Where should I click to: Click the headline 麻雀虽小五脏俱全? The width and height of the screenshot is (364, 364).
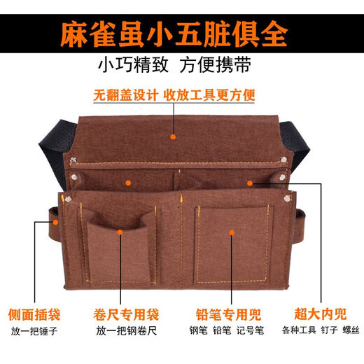coord(181,31)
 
